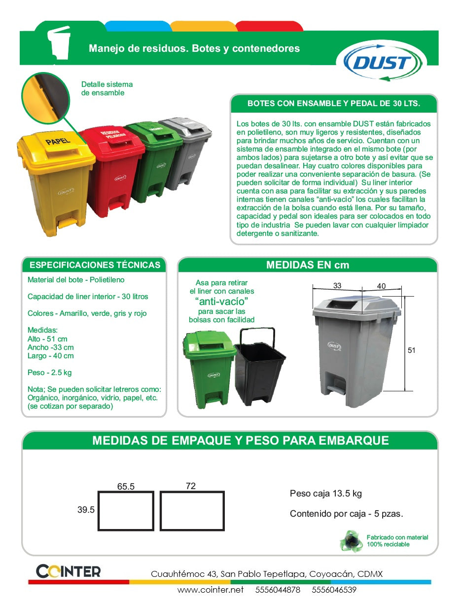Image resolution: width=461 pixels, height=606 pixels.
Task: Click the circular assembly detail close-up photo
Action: (44, 96)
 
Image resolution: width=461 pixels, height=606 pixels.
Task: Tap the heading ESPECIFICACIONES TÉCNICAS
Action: (95, 265)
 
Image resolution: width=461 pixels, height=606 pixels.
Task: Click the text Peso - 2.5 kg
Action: (50, 373)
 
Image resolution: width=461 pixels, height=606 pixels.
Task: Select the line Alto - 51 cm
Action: (47, 339)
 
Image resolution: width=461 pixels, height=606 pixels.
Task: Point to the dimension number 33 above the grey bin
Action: (337, 286)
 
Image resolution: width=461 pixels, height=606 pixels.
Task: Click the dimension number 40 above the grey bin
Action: (381, 286)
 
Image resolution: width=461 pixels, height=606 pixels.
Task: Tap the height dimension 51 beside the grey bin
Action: (412, 350)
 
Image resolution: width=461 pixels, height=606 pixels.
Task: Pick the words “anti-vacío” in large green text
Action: (221, 301)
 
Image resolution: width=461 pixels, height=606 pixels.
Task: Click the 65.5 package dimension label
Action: (126, 487)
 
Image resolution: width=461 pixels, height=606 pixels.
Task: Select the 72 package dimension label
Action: (191, 486)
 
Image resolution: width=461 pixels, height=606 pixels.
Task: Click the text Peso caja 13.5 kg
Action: (326, 493)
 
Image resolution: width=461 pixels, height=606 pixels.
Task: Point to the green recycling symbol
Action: (351, 541)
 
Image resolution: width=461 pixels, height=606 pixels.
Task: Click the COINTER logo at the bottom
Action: (69, 571)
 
